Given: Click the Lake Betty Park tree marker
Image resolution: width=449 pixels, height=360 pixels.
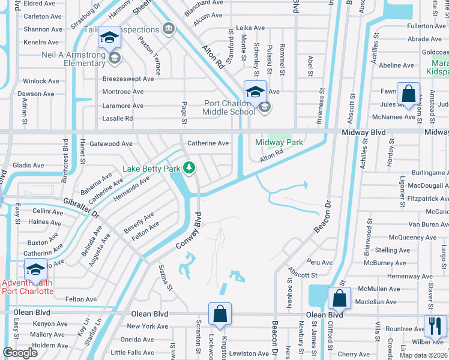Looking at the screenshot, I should click(x=190, y=167).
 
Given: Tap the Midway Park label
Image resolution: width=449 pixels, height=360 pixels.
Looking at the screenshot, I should click(x=279, y=143).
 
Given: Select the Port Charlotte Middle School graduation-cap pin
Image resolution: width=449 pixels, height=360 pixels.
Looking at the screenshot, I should click(x=255, y=92).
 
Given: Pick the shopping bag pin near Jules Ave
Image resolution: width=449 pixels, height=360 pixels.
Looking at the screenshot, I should click(x=408, y=95).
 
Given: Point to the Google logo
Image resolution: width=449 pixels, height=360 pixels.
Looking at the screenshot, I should click(x=20, y=352).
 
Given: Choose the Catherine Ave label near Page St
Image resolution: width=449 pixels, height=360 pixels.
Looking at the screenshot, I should click(x=208, y=143).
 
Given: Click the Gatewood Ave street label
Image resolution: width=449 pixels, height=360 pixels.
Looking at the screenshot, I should click(x=110, y=144).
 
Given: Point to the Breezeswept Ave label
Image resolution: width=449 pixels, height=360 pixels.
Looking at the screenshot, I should click(x=123, y=78).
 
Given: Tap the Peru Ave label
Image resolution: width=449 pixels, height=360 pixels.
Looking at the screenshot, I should click(x=319, y=262).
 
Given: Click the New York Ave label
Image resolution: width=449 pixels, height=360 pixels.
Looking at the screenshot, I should click(x=147, y=326).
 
